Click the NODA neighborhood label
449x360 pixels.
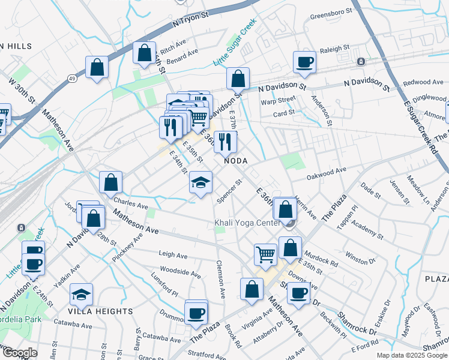(x=236, y=160)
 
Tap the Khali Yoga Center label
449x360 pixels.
(x=248, y=224)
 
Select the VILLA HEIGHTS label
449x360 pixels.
(x=101, y=311)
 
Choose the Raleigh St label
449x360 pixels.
(x=334, y=49)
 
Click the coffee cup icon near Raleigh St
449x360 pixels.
(x=304, y=61)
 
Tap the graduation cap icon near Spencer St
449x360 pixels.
(x=200, y=182)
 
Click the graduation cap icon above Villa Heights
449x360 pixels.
(x=81, y=294)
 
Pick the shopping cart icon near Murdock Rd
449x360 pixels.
(x=265, y=254)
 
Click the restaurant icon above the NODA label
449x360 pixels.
(x=225, y=142)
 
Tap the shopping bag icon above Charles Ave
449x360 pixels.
(x=111, y=182)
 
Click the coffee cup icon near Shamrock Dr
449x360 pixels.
(x=298, y=293)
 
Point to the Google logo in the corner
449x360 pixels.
(x=20, y=353)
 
